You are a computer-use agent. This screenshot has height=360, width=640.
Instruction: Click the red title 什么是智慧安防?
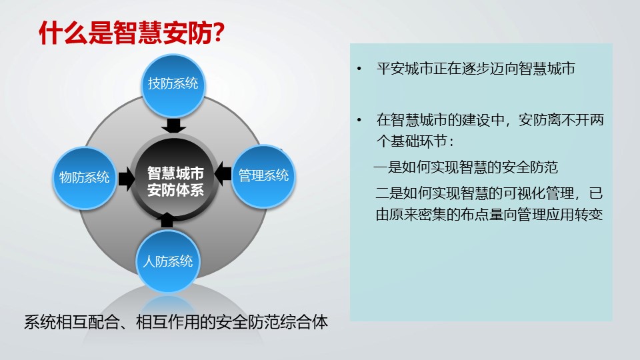coord(131,33)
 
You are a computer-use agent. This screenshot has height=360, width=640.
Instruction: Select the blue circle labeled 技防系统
coord(173,86)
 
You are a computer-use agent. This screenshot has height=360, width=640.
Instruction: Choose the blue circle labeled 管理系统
coord(263,177)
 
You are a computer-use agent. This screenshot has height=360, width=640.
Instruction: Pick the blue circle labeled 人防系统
coord(168,261)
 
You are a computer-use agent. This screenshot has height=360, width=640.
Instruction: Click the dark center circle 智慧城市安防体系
coord(175,181)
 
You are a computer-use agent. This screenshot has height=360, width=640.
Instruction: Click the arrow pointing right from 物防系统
coord(127,179)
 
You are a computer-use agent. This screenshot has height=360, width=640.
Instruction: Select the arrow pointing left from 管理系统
coord(223,174)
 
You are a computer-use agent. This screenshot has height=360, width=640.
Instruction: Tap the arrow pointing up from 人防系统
coord(167,220)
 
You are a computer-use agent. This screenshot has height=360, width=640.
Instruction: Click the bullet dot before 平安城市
coord(359,69)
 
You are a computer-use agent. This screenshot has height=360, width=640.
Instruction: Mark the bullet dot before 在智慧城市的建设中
coord(359,120)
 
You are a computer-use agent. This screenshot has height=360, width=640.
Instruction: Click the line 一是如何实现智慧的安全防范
coord(466,167)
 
